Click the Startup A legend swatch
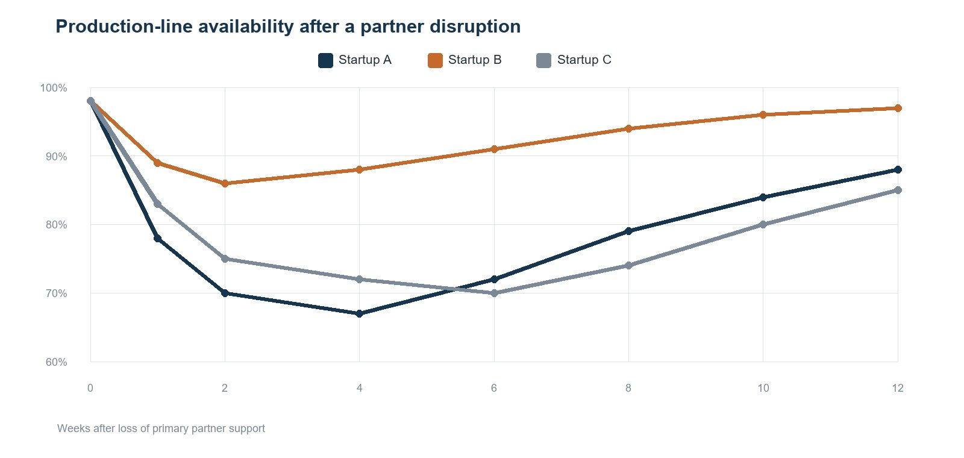pos(326,60)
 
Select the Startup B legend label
pos(475,60)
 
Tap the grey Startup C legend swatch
pos(544,60)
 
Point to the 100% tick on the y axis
pos(54,88)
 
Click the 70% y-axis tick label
pos(57,293)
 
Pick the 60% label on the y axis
pos(57,362)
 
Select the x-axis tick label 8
pos(628,388)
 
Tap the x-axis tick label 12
pos(898,388)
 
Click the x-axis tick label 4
pos(359,388)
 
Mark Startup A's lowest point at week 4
pos(359,314)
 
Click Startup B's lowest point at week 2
pos(225,183)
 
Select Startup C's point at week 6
pos(494,293)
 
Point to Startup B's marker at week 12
pos(898,108)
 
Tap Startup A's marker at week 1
pos(157,239)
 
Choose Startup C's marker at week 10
pos(763,225)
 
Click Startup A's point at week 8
pos(628,231)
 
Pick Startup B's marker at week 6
pos(494,149)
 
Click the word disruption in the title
pos(475,27)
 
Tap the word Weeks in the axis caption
pos(71,428)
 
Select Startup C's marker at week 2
pos(225,259)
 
